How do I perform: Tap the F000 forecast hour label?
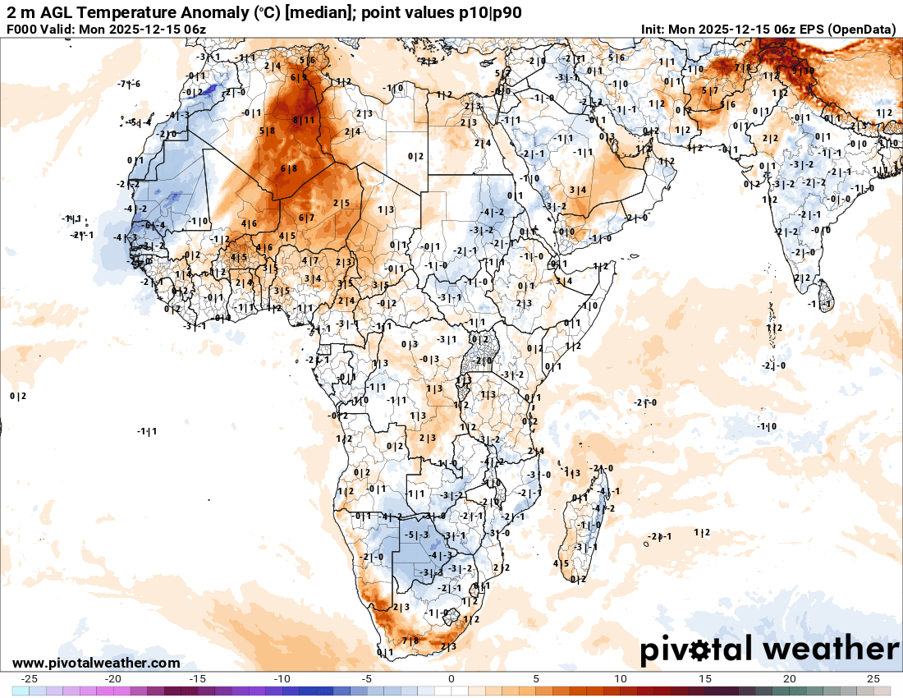pos(22,29)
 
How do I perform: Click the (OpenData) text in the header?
pos(862,29)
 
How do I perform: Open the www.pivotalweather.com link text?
pos(96,663)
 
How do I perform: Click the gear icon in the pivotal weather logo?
pos(700,650)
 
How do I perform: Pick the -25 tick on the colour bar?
pos(30,678)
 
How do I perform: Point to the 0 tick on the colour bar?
pos(451,678)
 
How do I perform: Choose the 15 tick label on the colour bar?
pos(705,678)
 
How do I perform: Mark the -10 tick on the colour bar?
pos(282,678)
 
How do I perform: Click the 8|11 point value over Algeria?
pos(303,120)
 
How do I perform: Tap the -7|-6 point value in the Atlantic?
pos(129,84)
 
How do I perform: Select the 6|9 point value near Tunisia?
pos(299,77)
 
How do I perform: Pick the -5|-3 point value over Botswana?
pos(418,535)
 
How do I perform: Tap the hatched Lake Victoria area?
pos(479,360)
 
